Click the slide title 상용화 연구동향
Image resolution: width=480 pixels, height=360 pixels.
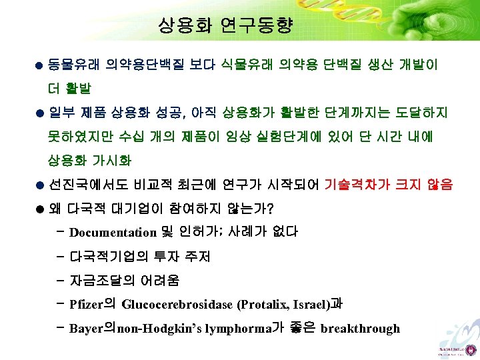pos(225,26)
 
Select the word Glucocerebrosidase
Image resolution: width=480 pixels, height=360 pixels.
pos(177,305)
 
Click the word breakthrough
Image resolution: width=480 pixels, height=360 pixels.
pos(360,328)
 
